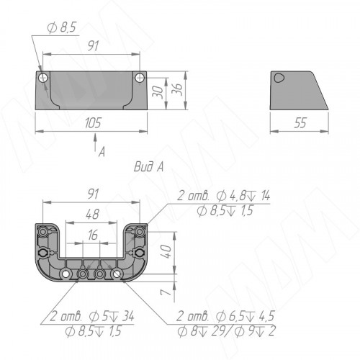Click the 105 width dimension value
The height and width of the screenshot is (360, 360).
point(93,122)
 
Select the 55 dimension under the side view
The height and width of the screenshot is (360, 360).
point(300,123)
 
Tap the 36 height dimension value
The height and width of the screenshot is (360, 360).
point(179,89)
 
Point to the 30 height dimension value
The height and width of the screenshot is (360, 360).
point(158,91)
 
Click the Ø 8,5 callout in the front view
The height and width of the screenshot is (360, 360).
point(62,27)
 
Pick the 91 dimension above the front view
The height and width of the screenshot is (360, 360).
point(93,45)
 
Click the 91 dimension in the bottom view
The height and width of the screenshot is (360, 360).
point(93,194)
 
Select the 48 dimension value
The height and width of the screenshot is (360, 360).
point(92,214)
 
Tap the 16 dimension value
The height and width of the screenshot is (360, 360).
point(92,235)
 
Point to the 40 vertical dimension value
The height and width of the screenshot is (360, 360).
point(167,251)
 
